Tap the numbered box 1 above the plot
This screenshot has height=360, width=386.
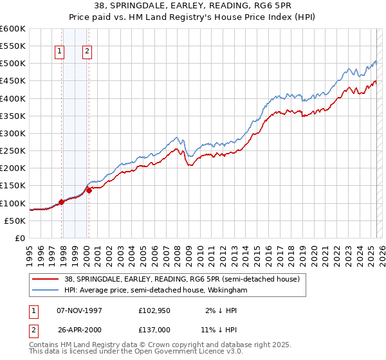59,53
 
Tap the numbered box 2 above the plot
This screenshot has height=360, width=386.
87,53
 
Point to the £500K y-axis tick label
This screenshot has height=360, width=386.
13,64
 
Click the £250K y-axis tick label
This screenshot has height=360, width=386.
13,151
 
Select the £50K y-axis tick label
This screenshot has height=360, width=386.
15,221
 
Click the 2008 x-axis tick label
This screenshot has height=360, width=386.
178,251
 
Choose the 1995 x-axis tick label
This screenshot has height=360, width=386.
30,251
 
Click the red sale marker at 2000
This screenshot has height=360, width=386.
89,190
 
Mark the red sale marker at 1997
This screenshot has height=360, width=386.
62,202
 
